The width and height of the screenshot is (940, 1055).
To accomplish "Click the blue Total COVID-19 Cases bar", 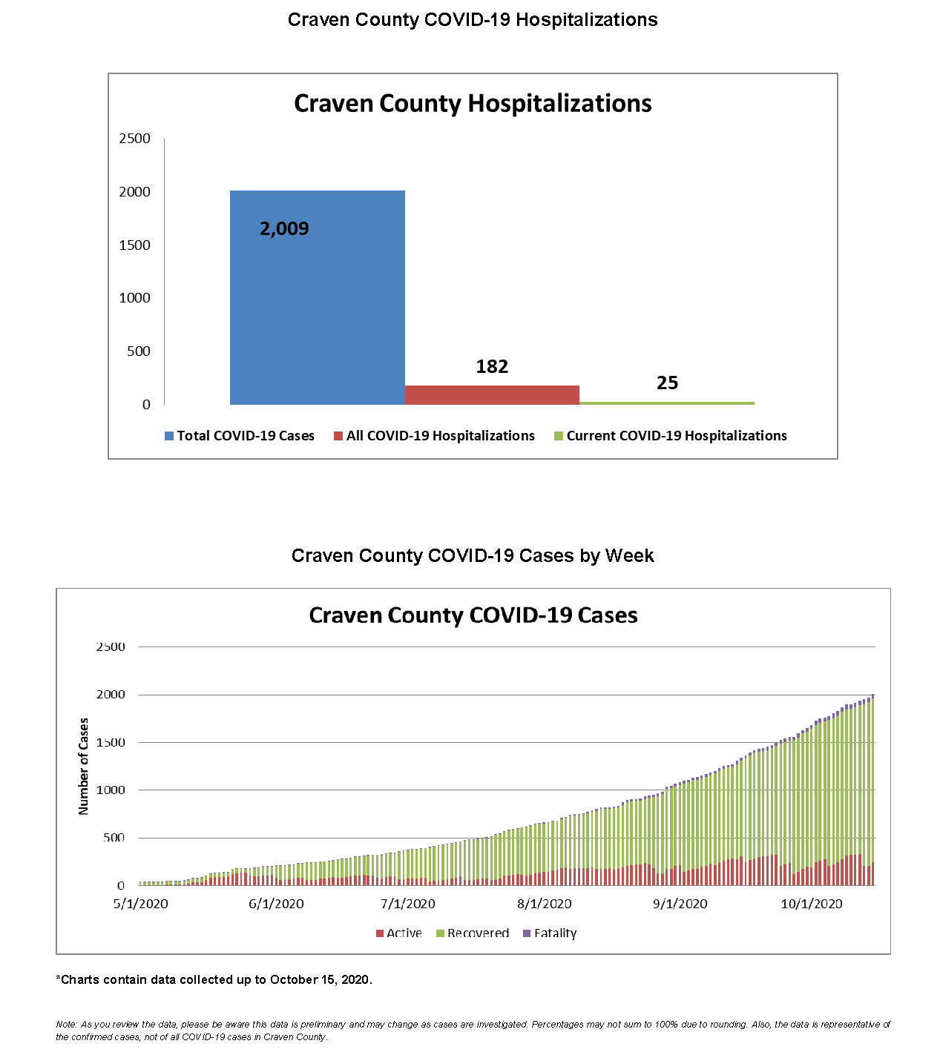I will (317, 311).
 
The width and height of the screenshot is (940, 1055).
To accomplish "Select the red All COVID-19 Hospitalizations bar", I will (491, 395).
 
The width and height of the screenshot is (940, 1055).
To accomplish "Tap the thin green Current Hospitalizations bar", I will (666, 403).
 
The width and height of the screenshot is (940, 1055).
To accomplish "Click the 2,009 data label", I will (284, 228).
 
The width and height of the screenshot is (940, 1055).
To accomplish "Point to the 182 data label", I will (492, 366).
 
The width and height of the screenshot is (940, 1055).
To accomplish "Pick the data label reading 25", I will (667, 383).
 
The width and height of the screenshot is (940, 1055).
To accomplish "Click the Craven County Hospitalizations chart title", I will (473, 103).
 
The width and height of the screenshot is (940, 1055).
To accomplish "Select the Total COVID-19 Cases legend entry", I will (240, 436).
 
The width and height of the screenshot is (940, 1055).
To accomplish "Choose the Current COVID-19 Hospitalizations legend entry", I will (671, 436).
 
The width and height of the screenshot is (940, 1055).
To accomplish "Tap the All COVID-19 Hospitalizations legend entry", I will (434, 436).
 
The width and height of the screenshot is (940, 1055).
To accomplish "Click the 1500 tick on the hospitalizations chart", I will (134, 245).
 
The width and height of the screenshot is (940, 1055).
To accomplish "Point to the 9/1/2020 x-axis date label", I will (680, 904).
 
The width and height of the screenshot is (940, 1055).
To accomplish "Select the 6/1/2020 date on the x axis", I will (276, 904).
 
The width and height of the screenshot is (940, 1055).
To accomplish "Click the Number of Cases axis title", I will (84, 766).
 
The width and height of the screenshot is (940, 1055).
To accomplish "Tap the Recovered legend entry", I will (473, 933).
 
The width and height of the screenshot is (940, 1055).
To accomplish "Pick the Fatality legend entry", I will (550, 933).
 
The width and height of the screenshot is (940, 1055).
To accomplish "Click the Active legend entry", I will (399, 933).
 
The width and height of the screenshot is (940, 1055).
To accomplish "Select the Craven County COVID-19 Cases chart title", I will (473, 615).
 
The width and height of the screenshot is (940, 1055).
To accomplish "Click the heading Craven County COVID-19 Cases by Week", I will (473, 555).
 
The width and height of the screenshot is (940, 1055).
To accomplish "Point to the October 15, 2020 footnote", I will (214, 979).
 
